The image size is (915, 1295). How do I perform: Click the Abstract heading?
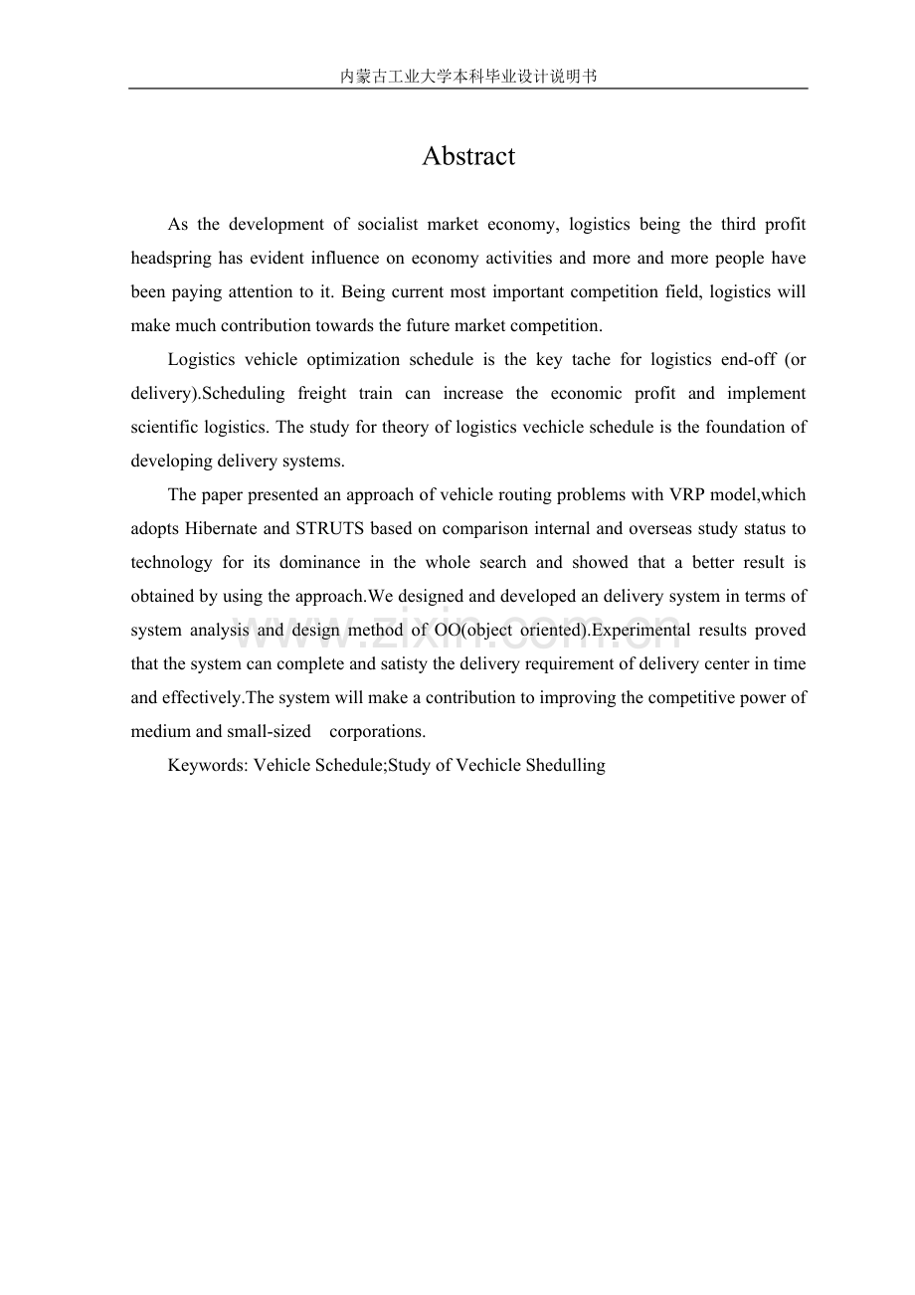[467, 156]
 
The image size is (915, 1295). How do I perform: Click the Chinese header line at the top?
[467, 76]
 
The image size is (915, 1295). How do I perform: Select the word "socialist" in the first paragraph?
[387, 225]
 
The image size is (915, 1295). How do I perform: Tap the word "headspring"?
[171, 259]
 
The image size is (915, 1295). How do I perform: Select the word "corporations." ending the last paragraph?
[377, 732]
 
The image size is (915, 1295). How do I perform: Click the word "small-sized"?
[269, 732]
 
